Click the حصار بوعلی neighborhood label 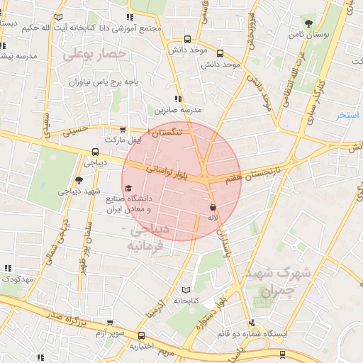point(94,54)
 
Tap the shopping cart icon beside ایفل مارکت point(124,130)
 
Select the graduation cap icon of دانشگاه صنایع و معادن point(128,189)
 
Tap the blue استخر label point(347,114)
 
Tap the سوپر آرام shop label point(111,333)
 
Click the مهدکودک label point(18,279)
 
